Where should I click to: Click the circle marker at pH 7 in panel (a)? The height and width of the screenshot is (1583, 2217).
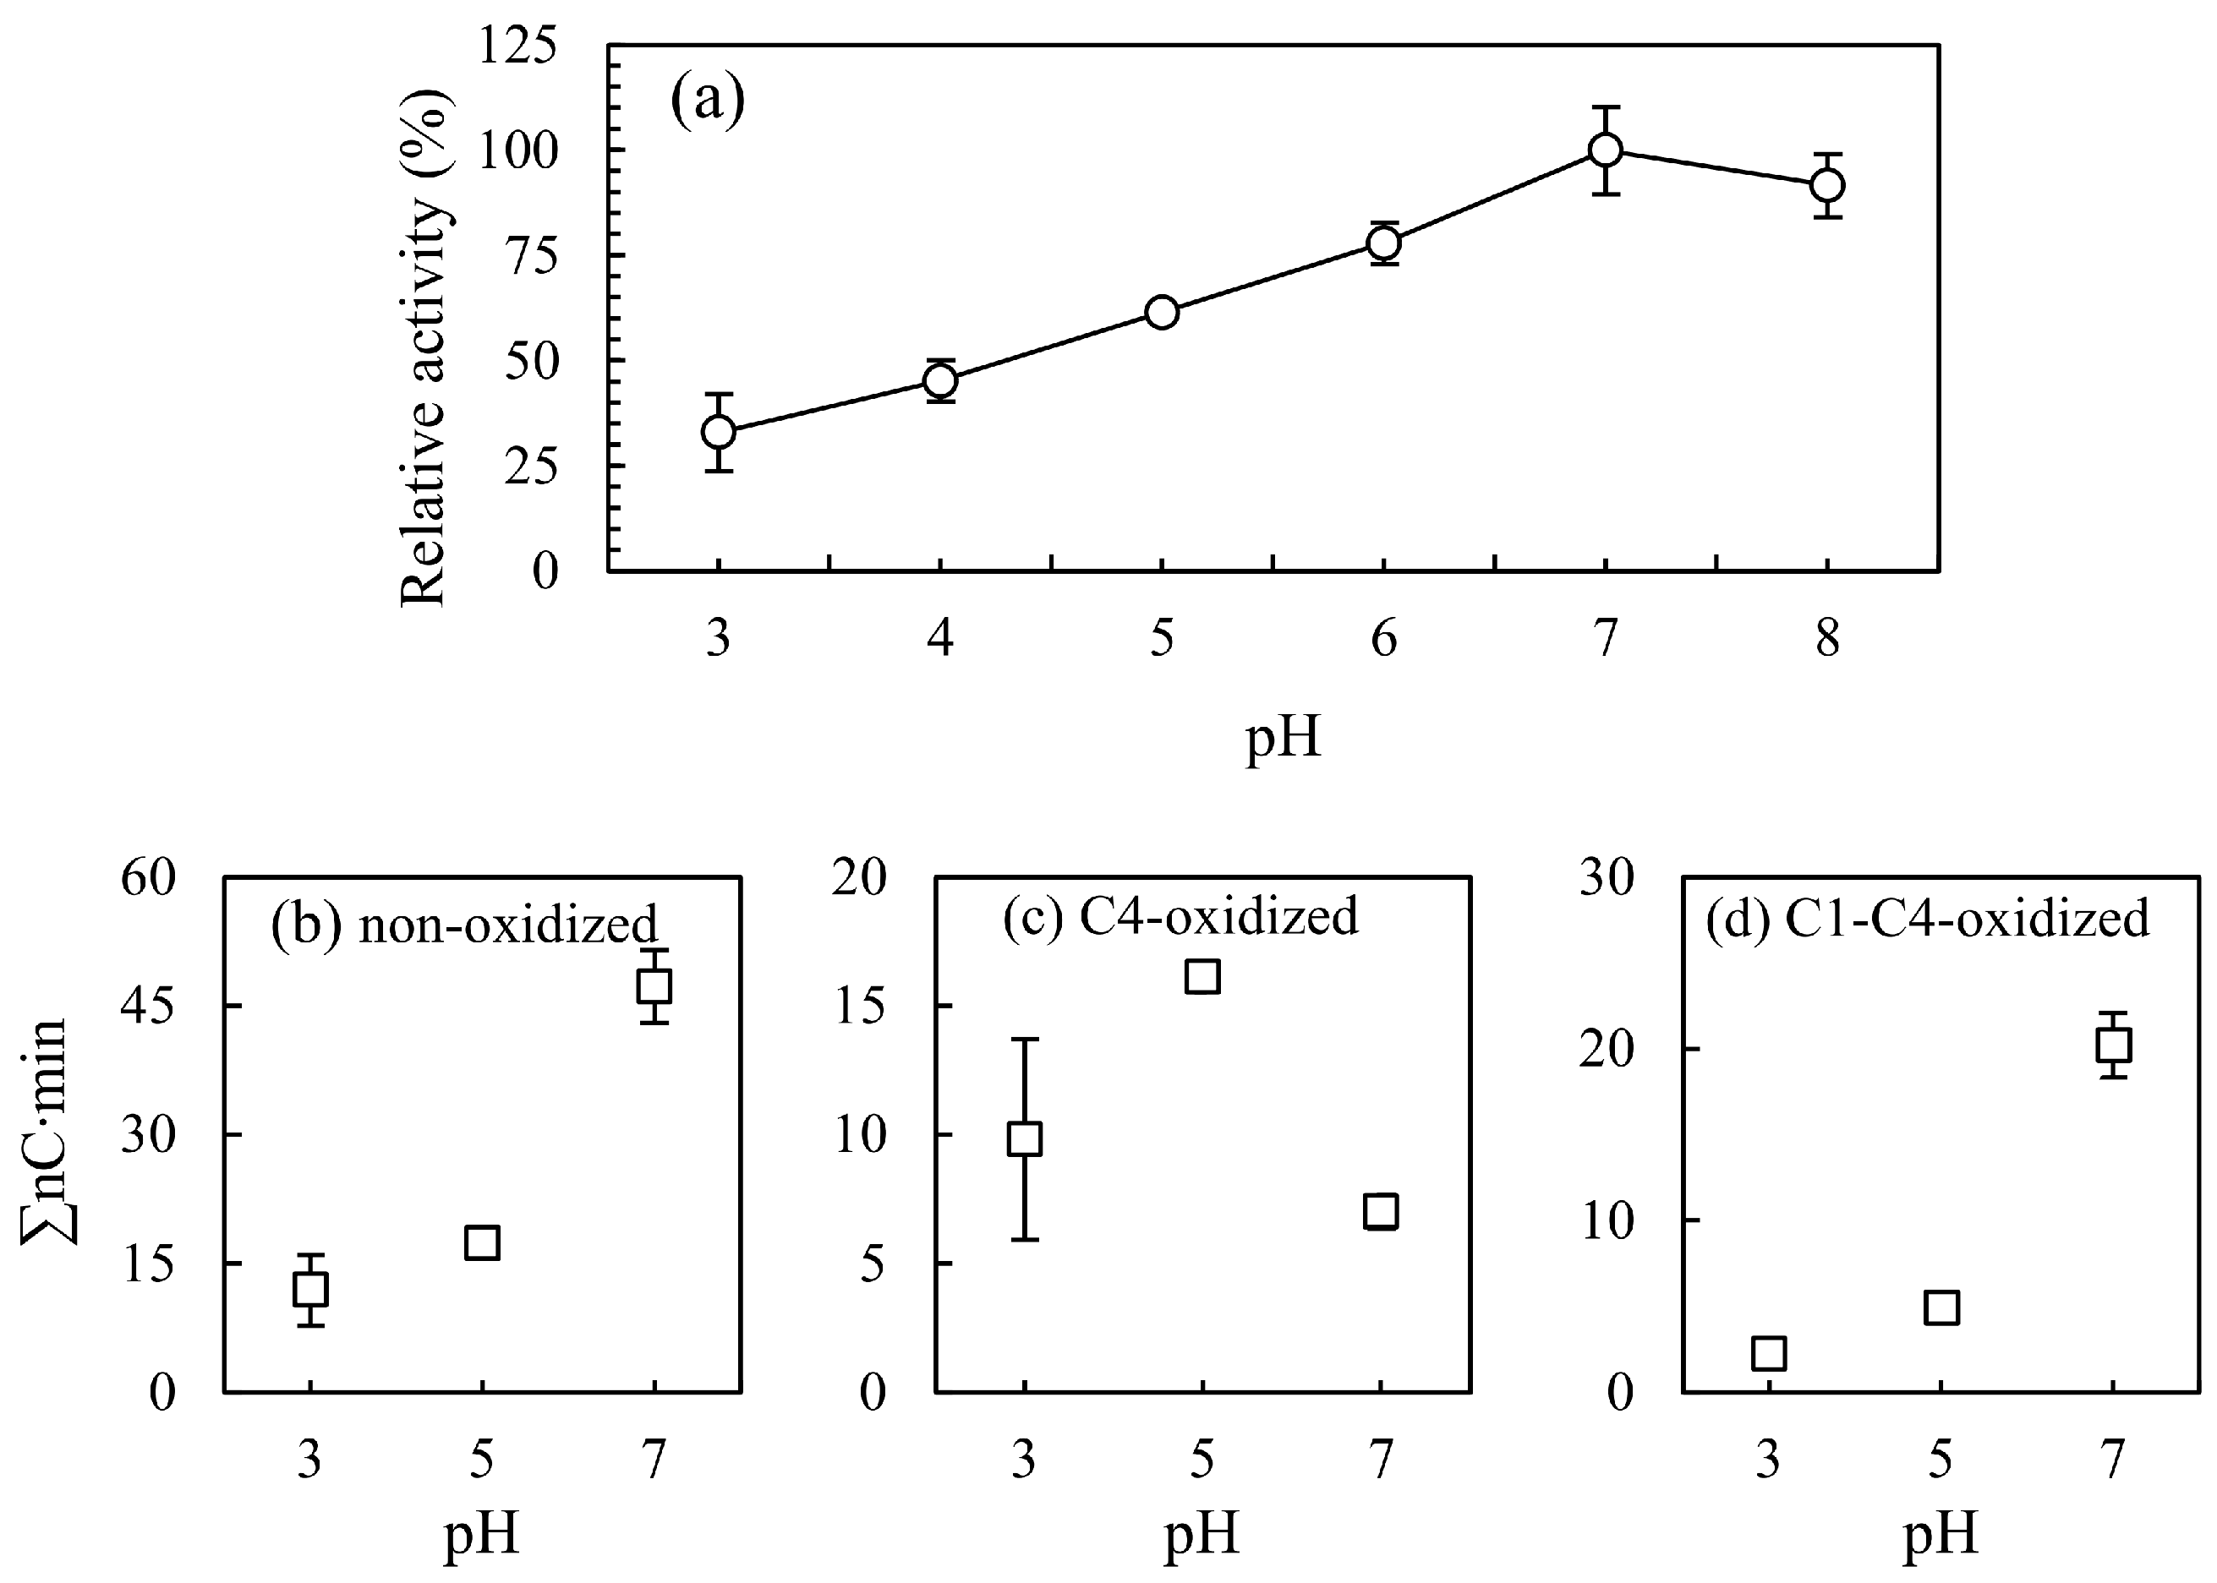(x=1605, y=150)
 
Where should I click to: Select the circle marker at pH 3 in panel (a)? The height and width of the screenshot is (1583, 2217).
(x=719, y=432)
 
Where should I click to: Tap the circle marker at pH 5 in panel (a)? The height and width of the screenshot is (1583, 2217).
(x=1162, y=312)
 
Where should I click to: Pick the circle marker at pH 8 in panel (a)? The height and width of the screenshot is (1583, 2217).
(x=1827, y=185)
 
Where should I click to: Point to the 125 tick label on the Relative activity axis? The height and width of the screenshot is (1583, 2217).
(x=517, y=46)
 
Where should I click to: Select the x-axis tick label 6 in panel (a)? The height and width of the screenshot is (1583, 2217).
(x=1383, y=640)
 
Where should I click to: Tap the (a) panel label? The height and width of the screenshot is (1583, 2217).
(x=707, y=100)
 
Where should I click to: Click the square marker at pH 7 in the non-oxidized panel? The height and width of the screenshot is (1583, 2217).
(x=654, y=986)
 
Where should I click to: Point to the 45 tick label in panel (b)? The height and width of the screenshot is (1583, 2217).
(x=148, y=1006)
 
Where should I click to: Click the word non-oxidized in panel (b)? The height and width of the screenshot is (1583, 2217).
(x=508, y=924)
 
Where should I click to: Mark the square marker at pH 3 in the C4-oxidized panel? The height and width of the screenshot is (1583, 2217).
(x=1024, y=1138)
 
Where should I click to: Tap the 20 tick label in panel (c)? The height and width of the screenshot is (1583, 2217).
(x=860, y=878)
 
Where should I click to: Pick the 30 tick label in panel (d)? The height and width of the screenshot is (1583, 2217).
(x=1607, y=878)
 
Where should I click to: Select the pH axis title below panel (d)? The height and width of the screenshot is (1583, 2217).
(x=1941, y=1533)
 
